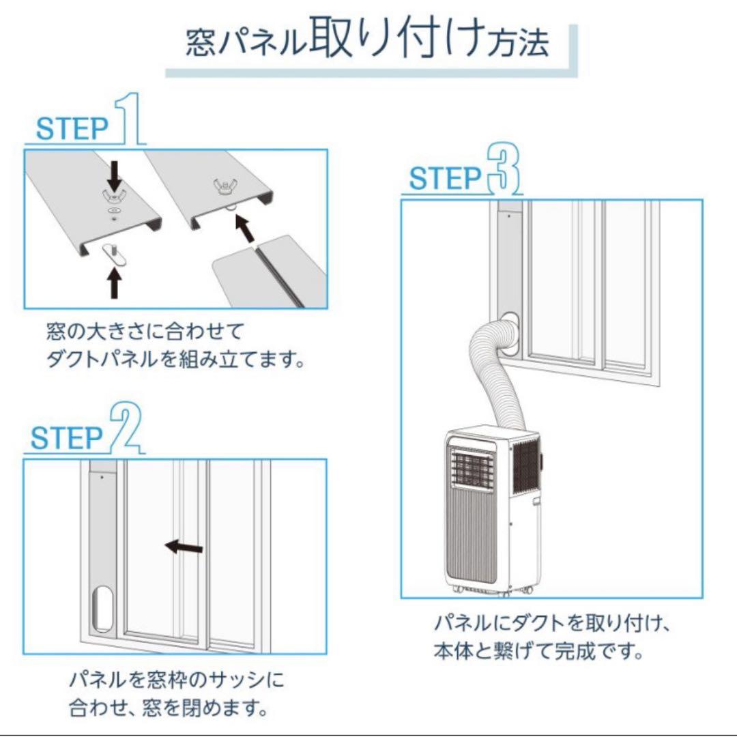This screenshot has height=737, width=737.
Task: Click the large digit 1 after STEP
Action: [x=130, y=120]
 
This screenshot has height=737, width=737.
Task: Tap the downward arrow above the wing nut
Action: [x=115, y=175]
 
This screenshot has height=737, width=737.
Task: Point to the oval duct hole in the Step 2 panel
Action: [x=103, y=609]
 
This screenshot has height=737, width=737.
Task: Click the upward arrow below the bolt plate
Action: [x=115, y=283]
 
